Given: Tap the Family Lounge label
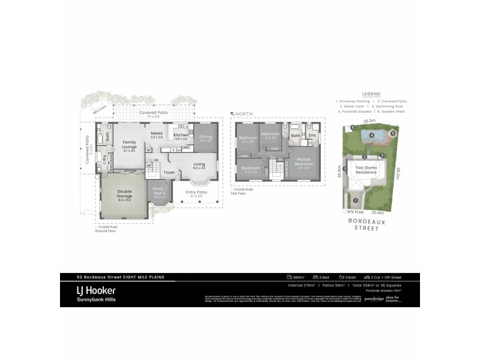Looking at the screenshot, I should [x=130, y=146].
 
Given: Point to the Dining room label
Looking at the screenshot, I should [x=206, y=138].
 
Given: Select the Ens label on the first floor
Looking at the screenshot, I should [x=312, y=136].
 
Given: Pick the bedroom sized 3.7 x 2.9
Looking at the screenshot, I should [x=251, y=169].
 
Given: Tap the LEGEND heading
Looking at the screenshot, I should [x=371, y=94].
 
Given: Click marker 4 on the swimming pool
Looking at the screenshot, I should [x=372, y=136].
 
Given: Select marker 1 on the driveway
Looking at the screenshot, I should [x=355, y=200].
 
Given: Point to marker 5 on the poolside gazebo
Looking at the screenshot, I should [x=393, y=133].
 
